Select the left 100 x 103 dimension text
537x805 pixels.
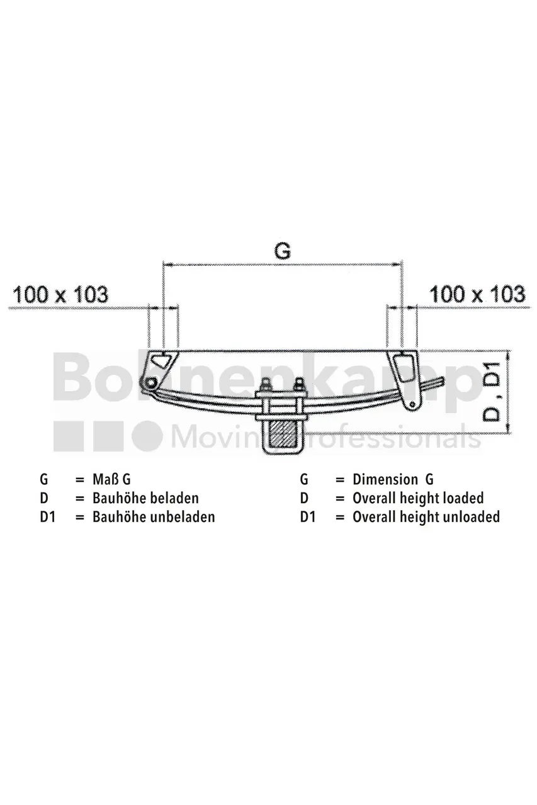tap(60, 295)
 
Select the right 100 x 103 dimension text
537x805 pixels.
tap(477, 294)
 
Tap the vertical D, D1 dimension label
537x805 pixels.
tap(492, 391)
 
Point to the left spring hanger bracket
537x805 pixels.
tap(160, 370)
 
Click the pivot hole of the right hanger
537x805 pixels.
tap(412, 404)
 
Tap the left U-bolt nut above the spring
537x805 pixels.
tap(268, 386)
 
